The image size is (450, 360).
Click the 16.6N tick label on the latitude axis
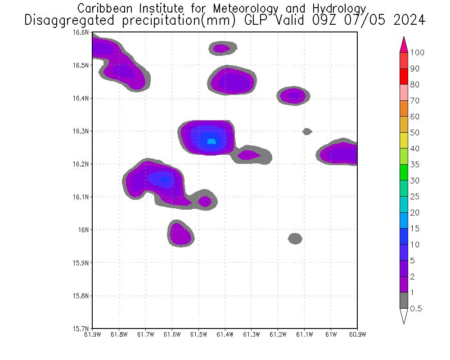[82, 32]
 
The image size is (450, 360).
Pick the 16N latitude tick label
[85, 230]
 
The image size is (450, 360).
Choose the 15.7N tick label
[82, 328]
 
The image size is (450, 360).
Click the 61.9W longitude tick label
[93, 334]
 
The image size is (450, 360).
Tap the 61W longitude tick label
[331, 334]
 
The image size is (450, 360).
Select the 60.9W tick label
[357, 334]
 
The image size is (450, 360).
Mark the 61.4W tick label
[225, 334]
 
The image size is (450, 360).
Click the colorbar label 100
[417, 53]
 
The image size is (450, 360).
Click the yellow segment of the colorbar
[404, 140]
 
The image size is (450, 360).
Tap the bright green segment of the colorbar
[404, 172]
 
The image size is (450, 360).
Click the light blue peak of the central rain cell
[211, 142]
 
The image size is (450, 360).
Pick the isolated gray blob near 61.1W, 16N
[295, 238]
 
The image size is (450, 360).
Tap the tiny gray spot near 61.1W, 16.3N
[307, 131]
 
